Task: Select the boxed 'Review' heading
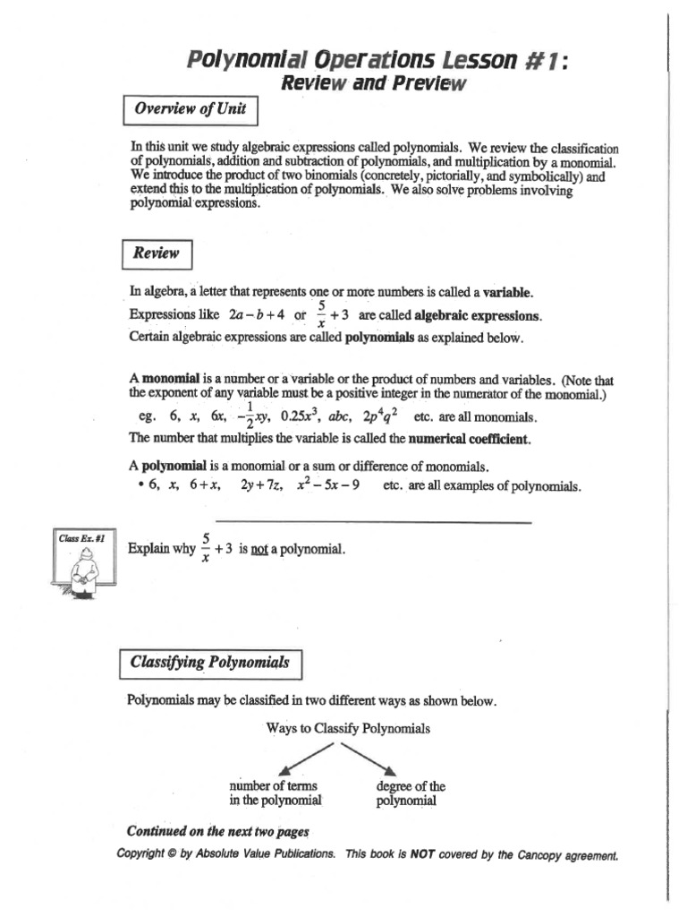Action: coord(156,253)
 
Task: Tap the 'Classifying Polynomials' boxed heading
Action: coord(210,664)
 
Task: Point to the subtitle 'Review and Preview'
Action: coord(373,84)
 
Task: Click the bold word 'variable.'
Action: coord(508,292)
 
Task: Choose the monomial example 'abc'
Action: coord(340,416)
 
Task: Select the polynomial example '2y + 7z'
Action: coord(261,486)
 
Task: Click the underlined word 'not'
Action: coord(259,548)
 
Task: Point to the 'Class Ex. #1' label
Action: coord(82,538)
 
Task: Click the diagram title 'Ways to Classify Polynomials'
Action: coord(347,728)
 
